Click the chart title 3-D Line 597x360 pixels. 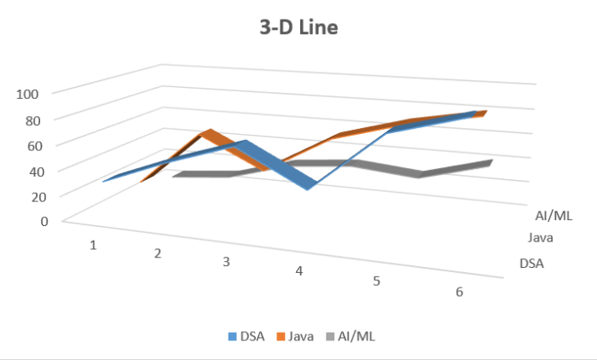(x=298, y=28)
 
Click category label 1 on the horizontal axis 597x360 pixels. (x=92, y=245)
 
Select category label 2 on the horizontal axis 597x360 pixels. (x=158, y=253)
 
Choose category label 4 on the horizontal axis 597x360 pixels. (x=299, y=271)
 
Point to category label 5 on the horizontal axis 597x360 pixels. (x=376, y=281)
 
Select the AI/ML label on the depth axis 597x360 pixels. (x=554, y=215)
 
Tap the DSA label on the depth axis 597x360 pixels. (x=531, y=263)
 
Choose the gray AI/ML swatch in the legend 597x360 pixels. (x=332, y=336)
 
